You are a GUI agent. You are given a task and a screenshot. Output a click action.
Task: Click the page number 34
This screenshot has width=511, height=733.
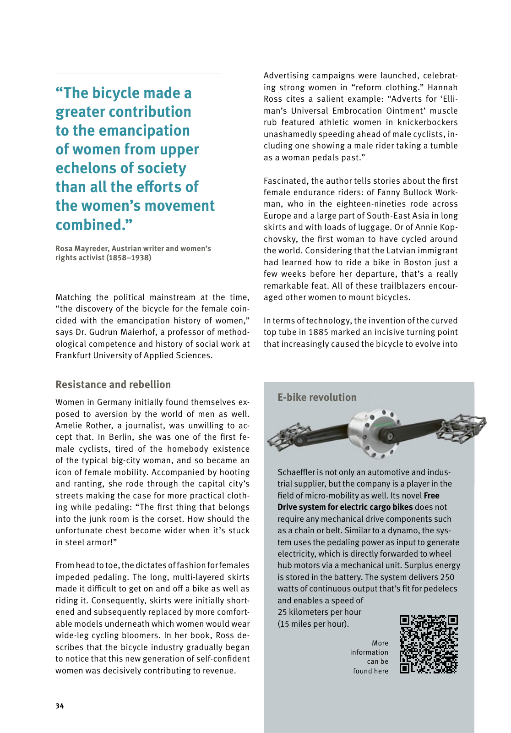coord(60,706)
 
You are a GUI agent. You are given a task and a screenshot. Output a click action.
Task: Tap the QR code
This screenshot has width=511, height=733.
coord(429,644)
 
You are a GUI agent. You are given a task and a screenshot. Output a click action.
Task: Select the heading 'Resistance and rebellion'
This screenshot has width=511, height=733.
coord(113,384)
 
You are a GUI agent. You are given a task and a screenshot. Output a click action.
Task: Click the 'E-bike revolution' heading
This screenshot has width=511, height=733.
coord(317,397)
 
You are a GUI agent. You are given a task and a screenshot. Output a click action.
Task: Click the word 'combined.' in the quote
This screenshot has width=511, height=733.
coord(94,225)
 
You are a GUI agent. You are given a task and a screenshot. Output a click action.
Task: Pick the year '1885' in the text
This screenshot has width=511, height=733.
coord(318,332)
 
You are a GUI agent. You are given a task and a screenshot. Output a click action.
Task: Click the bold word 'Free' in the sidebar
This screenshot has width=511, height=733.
coord(431,496)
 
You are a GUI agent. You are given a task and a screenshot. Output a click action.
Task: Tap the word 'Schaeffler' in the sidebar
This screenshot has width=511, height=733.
coord(296,472)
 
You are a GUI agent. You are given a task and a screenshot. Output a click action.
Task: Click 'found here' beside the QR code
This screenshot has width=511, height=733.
coord(370,671)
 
